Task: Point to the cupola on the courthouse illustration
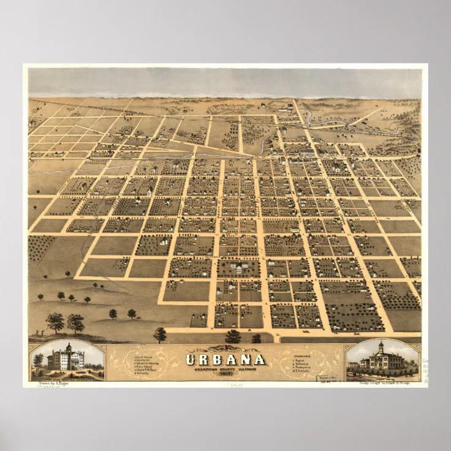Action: click(381, 348)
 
